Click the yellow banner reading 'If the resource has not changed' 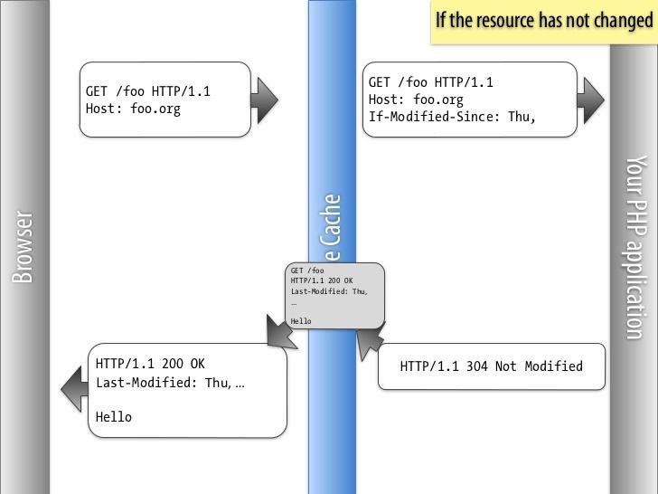tap(543, 21)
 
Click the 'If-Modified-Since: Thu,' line tap(452, 117)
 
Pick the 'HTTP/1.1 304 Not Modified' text tap(491, 366)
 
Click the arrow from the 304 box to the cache tap(369, 342)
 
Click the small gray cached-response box tap(334, 295)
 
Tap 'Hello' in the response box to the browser tap(114, 417)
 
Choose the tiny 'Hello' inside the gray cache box tap(301, 321)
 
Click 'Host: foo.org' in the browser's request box tap(133, 109)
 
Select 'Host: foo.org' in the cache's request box tap(416, 100)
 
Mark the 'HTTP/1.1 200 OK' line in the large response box tap(150, 364)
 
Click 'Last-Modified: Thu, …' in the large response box tap(170, 383)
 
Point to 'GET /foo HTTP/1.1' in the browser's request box tap(148, 91)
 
